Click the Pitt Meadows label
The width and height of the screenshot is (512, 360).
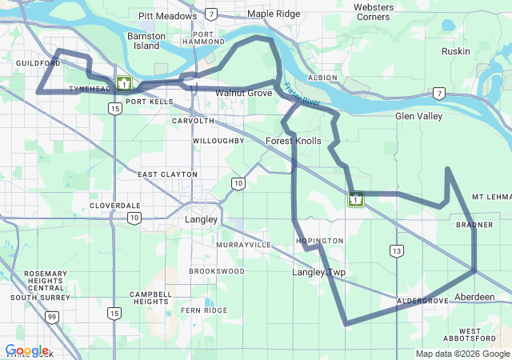(167, 15)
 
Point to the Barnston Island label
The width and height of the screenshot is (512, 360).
(146, 41)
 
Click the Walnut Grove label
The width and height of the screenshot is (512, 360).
(243, 93)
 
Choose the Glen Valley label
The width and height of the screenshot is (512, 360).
(418, 116)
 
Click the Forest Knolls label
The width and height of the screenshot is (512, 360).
(293, 141)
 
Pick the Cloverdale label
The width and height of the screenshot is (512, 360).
(115, 206)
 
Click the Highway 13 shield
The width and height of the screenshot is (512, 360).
(397, 251)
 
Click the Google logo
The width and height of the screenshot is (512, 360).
(26, 350)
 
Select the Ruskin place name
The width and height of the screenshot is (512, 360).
(455, 51)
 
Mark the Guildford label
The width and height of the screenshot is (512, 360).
(38, 62)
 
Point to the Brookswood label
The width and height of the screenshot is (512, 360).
(217, 271)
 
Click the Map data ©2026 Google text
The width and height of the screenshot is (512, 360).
(462, 354)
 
